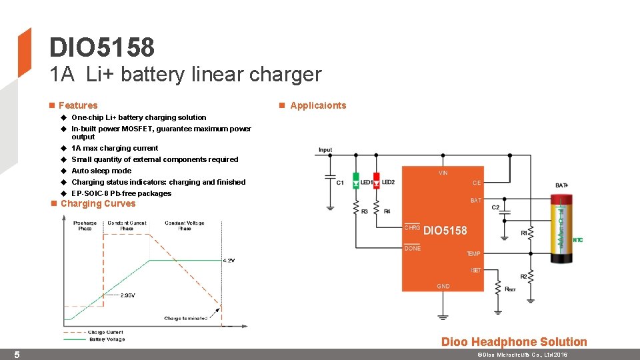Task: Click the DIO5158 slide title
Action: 102,47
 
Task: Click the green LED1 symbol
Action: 356,181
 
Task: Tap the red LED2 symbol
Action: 376,181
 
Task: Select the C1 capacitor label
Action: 340,183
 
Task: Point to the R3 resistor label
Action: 364,211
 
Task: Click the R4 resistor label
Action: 387,211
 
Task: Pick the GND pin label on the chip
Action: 443,286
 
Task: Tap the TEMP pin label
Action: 473,254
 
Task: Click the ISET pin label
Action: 475,270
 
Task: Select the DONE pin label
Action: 413,248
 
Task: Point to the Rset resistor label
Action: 511,289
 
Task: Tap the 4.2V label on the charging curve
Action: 229,261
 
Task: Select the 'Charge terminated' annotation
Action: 185,318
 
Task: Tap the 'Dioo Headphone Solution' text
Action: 514,342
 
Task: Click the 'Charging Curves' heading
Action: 98,203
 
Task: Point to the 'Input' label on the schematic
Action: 325,150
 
